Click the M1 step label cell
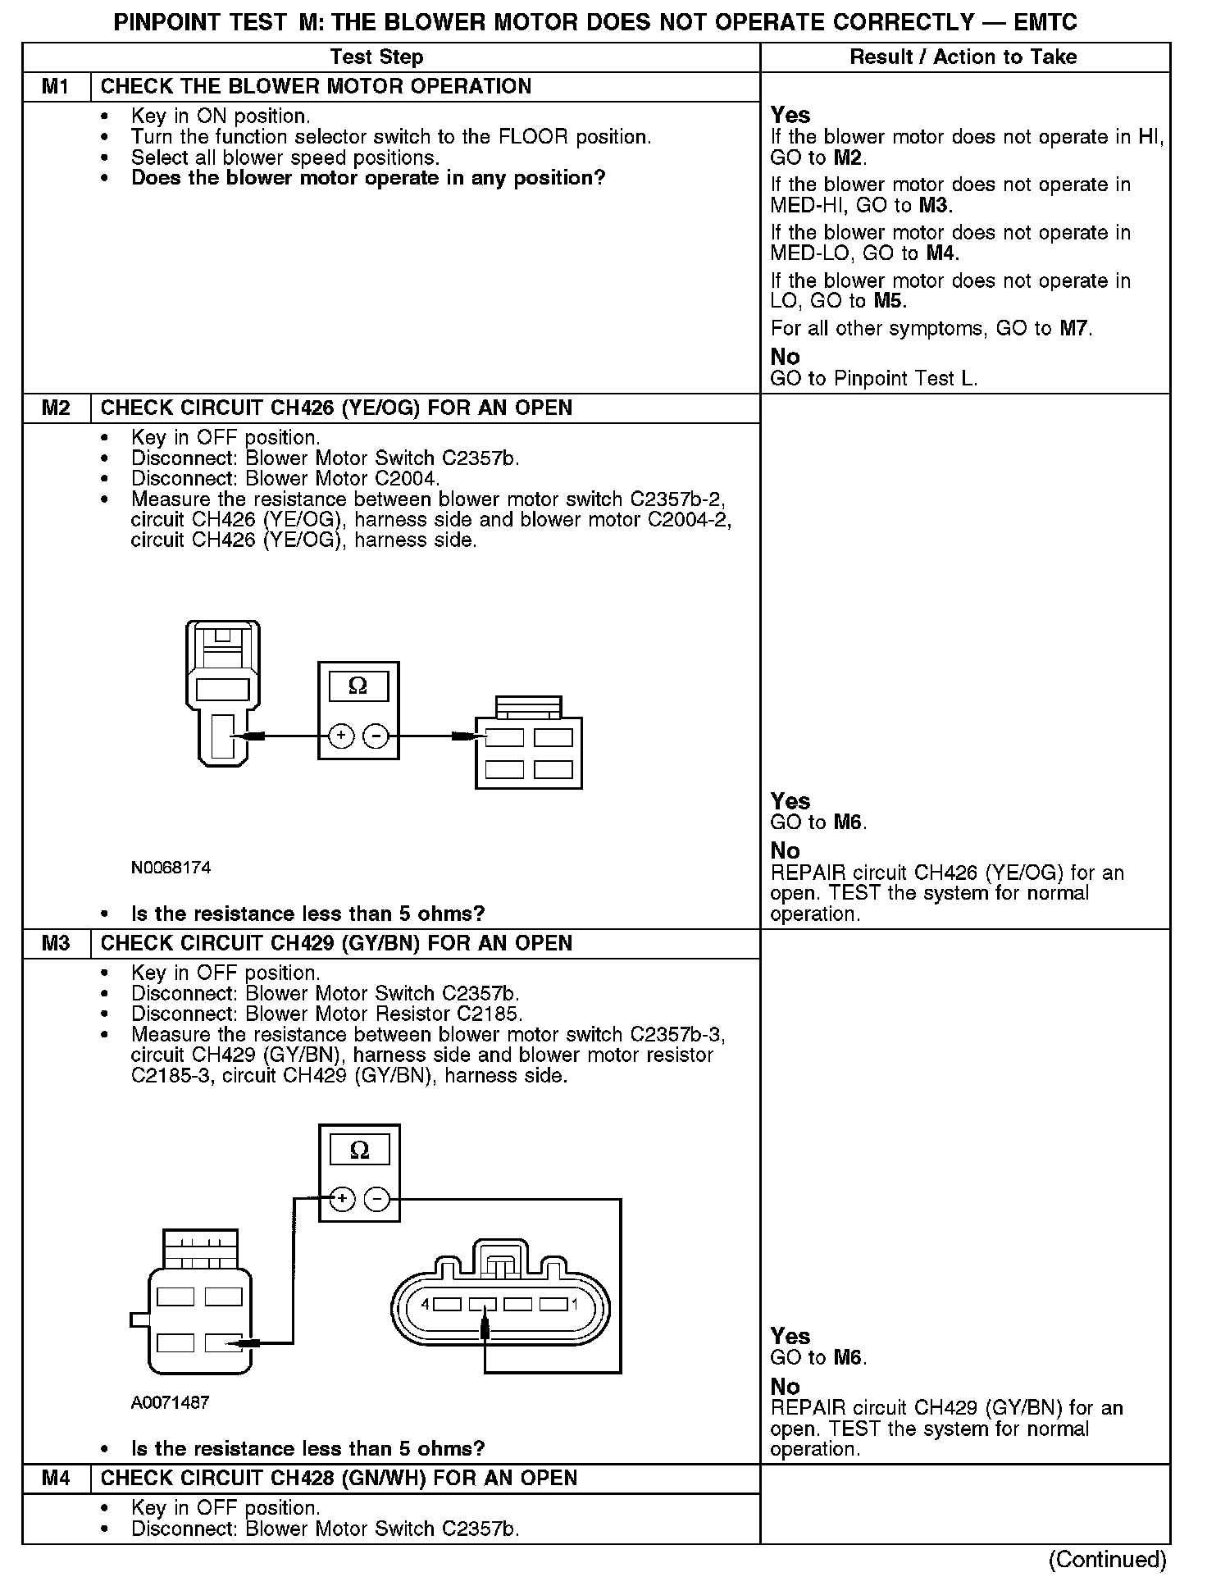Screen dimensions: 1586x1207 pos(56,87)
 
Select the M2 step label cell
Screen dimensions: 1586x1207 pos(56,408)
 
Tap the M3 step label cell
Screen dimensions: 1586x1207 pos(56,944)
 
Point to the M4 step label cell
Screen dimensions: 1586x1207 pos(56,1479)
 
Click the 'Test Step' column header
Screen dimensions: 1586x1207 pos(376,57)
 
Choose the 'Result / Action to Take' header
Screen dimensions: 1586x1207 pos(963,57)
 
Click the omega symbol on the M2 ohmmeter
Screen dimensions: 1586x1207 pos(358,686)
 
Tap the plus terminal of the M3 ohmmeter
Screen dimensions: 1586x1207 pos(342,1200)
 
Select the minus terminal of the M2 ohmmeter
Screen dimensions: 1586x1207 pos(376,736)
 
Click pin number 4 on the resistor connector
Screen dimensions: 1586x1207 pos(425,1304)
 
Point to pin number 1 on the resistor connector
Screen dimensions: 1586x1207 pos(575,1304)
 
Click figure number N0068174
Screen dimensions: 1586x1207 pos(171,867)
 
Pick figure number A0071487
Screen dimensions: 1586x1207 pos(170,1402)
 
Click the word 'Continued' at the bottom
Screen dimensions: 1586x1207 pos(1107,1560)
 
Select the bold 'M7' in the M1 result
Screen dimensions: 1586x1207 pos(1074,330)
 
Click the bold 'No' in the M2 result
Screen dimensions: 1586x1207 pos(785,851)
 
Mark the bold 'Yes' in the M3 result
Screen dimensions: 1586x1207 pos(790,1337)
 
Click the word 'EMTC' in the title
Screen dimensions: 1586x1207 pos(1045,22)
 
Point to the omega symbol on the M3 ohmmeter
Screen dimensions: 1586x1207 pos(359,1151)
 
